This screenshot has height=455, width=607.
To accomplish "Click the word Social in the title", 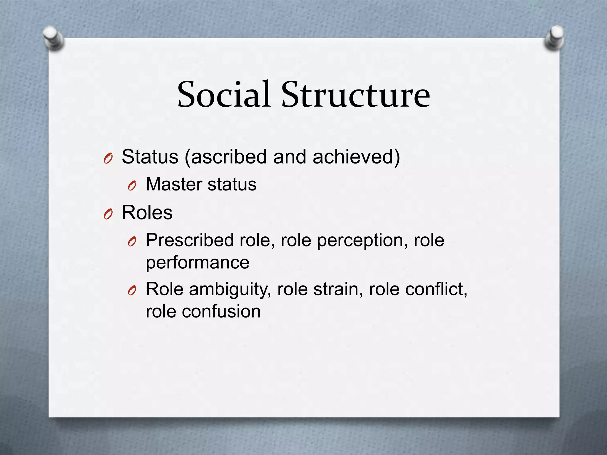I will pos(224,94).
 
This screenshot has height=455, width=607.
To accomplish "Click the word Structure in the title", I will pos(355,94).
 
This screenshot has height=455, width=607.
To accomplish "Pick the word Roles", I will pos(147,213).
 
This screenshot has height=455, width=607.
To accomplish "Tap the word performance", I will pos(197,263).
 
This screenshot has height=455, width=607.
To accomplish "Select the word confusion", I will pos(221,312).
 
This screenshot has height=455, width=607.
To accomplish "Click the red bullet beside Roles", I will pos(108,214).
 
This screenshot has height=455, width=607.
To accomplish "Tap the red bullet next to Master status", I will pos(132,186).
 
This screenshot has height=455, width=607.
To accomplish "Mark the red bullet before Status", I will pos(108,158).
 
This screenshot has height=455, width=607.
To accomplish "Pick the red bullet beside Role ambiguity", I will pos(132,291).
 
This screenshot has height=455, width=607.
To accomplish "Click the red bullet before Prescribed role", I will pos(132,242).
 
